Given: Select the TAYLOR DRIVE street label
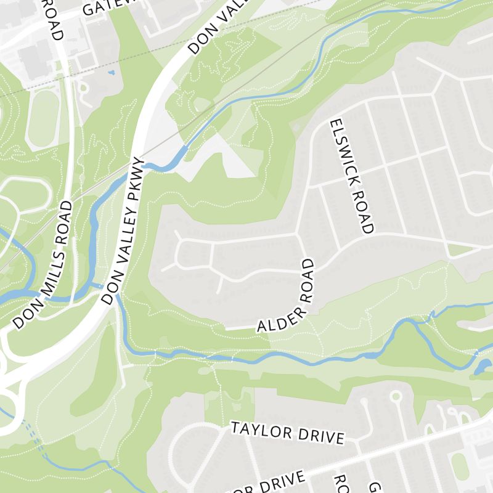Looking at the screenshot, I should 287,433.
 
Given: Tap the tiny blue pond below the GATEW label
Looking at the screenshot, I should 111,73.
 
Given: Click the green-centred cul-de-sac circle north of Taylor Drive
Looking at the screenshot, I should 396,396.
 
